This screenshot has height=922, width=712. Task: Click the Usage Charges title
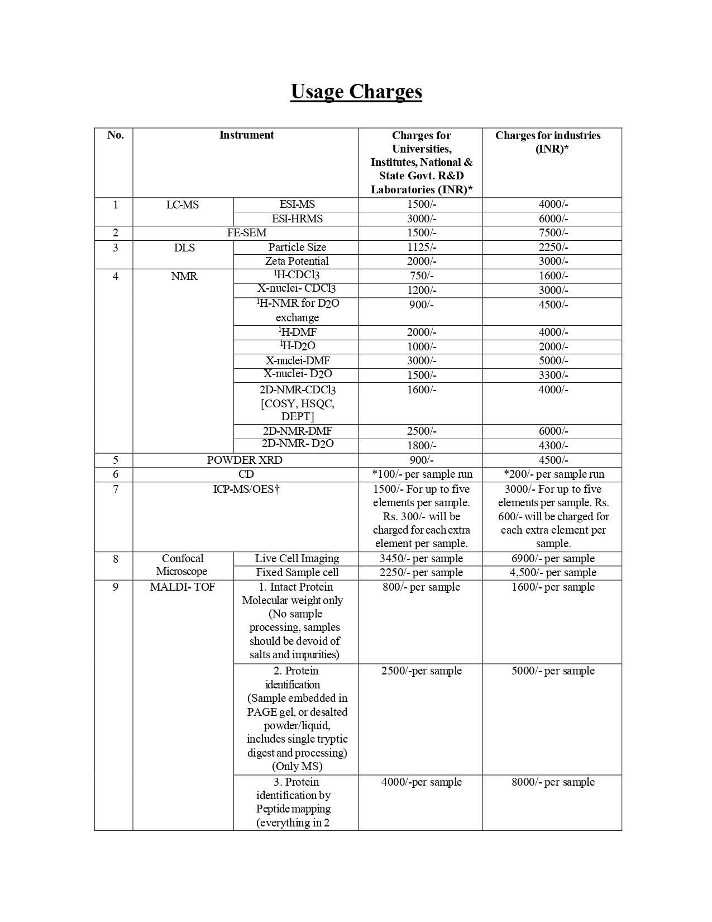356,92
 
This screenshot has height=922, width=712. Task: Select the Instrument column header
246,135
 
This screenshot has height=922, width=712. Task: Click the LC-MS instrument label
183,205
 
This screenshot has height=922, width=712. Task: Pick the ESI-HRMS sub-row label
297,219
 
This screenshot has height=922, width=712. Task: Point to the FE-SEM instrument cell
247,233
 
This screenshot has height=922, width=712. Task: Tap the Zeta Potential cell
297,262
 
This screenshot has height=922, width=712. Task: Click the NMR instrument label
184,277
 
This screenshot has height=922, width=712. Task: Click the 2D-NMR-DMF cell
297,431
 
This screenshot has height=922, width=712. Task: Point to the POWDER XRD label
245,460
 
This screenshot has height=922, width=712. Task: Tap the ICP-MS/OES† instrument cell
246,489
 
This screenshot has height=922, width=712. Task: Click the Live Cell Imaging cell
297,559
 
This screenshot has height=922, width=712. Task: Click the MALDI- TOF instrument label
183,587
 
